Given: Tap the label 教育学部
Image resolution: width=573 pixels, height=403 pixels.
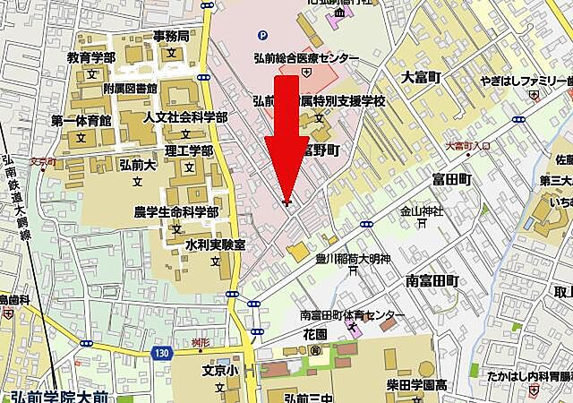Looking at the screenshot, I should tap(90, 57).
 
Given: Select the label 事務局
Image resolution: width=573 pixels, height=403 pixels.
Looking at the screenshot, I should tap(170, 37).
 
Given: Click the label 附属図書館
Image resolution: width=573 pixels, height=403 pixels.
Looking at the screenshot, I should tap(130, 89).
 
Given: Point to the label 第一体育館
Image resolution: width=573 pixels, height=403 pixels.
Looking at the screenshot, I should tap(81, 120).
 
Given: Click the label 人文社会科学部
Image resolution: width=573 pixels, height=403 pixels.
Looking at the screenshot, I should tap(185, 117).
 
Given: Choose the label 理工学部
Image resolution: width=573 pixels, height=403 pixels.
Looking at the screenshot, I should tap(189, 150).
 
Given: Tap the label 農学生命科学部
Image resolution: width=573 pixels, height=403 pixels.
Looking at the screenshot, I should tap(175, 211).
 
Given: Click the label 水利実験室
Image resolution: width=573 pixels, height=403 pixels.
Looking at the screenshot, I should tap(215, 244).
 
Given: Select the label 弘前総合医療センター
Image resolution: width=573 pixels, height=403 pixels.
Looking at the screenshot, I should tap(306, 58).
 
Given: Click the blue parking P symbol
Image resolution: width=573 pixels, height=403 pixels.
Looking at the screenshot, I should tap(261, 36).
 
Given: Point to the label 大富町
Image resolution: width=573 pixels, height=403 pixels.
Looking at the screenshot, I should tap(423, 76).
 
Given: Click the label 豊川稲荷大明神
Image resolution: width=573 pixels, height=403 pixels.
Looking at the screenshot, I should tap(354, 260).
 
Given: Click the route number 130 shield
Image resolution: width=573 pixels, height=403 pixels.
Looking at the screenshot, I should tap(160, 354).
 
